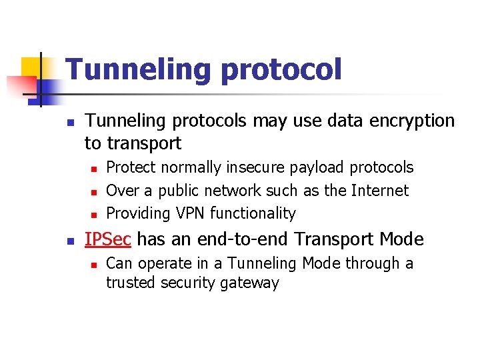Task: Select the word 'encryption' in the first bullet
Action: pos(411,121)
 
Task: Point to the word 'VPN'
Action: pos(191,213)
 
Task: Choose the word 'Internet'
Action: pos(376,191)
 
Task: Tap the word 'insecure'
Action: pos(253,167)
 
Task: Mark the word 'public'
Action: pos(179,191)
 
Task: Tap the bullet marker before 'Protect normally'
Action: pos(95,169)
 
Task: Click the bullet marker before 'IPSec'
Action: pos(71,240)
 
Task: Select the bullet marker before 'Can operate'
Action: pos(95,265)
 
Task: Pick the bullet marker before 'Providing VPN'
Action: pos(95,214)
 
